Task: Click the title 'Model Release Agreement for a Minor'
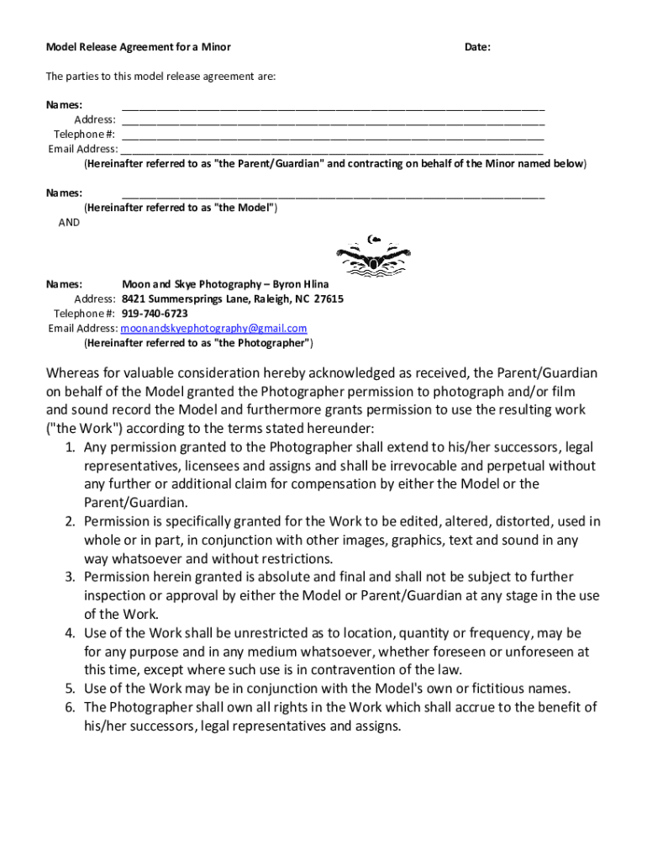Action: (x=138, y=47)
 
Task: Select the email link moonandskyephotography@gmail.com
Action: (x=214, y=329)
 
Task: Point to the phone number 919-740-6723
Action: (x=155, y=314)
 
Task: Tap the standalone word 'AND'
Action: (x=69, y=223)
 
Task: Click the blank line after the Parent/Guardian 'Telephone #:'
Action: (x=333, y=135)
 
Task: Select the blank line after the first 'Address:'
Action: (x=333, y=120)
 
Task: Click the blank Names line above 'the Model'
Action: (x=333, y=193)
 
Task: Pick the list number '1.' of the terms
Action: (x=71, y=446)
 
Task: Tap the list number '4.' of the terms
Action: (x=71, y=633)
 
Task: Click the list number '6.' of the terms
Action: (x=71, y=707)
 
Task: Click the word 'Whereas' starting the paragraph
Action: (x=76, y=373)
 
